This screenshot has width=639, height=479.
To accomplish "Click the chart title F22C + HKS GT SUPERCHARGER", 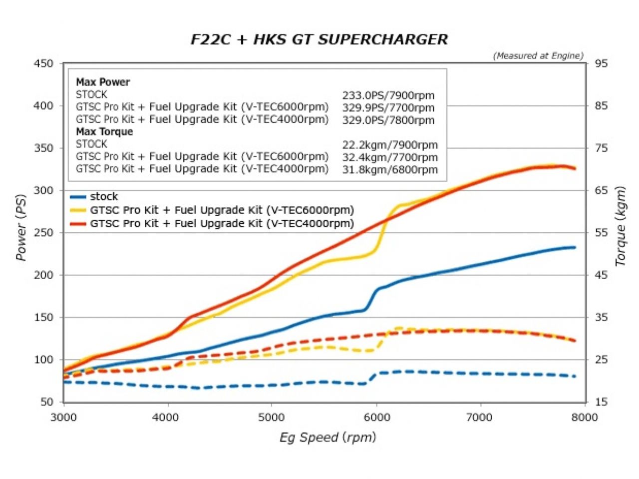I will (319, 39).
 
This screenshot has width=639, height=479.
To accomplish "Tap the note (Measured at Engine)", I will (538, 56).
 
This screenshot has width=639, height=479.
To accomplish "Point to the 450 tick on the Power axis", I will (43, 63).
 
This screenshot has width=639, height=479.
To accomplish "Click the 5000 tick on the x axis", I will (272, 417).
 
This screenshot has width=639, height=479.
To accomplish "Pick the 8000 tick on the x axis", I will (584, 417).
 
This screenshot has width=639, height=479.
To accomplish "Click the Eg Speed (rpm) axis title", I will (327, 438).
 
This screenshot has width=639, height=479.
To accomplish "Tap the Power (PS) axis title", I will (20, 227).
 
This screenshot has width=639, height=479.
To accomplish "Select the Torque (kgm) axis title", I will (620, 226).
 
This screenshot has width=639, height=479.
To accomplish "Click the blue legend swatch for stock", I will (78, 197).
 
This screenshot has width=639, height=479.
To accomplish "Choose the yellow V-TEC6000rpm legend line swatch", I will (78, 210).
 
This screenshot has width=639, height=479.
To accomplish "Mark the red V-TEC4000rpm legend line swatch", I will (78, 224).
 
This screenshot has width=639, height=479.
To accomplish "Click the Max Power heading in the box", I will (103, 82).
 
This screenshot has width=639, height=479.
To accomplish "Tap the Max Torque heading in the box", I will (104, 132).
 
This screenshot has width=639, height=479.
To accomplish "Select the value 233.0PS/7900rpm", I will (388, 95).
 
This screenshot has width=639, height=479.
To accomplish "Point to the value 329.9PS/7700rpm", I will (388, 108).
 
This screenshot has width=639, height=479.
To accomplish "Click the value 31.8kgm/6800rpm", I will (390, 170).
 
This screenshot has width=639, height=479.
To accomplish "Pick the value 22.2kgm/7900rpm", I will (390, 145).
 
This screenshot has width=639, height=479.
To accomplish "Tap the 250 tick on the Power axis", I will (43, 233).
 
